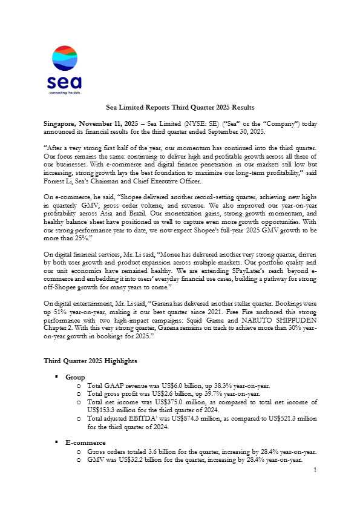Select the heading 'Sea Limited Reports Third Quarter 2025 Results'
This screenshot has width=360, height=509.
[180, 107]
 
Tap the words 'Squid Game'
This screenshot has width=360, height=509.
[195, 322]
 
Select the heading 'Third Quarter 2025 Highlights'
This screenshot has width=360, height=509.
[90, 361]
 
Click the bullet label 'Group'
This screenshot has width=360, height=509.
[76, 376]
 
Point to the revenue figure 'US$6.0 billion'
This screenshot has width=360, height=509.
[174, 384]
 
